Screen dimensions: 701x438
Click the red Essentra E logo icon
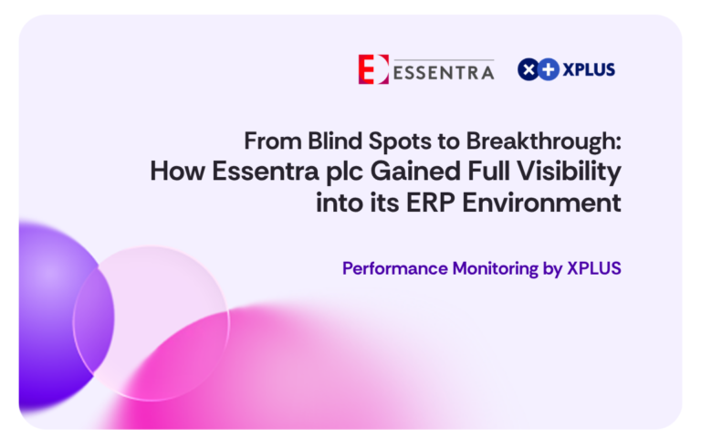coord(373,69)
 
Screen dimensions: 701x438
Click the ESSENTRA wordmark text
coord(444,72)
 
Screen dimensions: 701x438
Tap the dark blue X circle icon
coord(528,69)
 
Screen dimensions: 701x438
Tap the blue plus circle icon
coord(549,69)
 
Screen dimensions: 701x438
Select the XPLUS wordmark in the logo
coord(589,69)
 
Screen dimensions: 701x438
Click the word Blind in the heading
coord(335,141)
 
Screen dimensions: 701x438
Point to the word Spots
coord(400,142)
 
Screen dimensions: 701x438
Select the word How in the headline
coord(177,172)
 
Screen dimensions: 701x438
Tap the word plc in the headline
coord(344,172)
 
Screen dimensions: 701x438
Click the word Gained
coord(415,172)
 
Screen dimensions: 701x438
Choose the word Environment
coord(542,203)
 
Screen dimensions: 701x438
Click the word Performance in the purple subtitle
coord(394,268)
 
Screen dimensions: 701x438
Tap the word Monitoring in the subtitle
coord(496,269)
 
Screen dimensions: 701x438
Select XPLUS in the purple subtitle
coord(594,268)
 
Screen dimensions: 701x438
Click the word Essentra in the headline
coord(265,172)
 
